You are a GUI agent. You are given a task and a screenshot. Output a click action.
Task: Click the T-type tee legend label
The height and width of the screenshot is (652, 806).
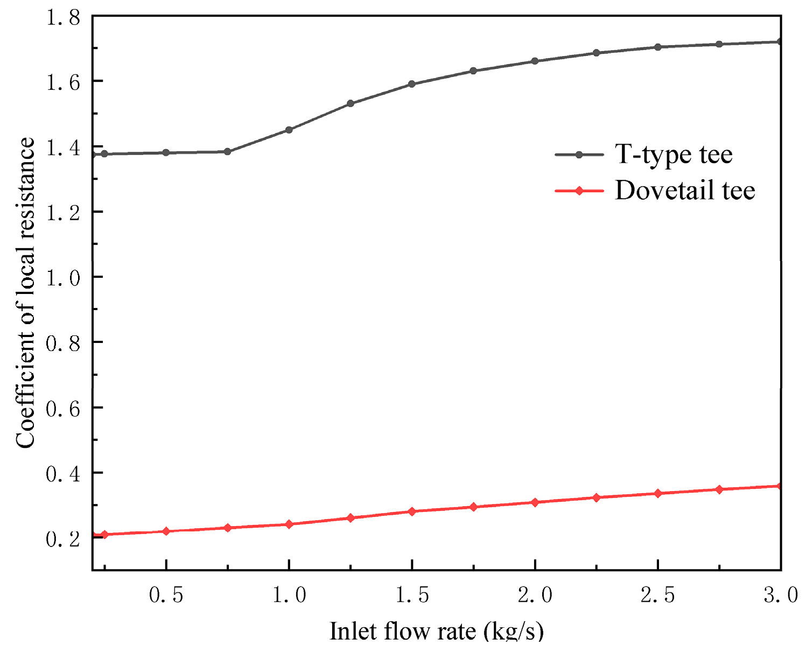(x=674, y=155)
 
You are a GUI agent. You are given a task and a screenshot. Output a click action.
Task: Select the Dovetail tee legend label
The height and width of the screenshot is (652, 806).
(x=685, y=190)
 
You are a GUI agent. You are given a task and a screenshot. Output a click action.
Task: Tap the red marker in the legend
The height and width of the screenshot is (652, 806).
(x=579, y=191)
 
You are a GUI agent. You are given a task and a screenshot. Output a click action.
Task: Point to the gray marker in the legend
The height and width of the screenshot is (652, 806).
(x=579, y=155)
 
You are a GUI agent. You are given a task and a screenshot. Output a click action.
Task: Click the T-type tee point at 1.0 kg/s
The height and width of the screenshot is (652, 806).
(x=289, y=130)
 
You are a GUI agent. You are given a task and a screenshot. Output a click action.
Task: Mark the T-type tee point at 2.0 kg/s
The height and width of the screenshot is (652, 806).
(x=535, y=61)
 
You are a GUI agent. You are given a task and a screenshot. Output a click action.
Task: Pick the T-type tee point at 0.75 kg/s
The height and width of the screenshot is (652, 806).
(x=227, y=152)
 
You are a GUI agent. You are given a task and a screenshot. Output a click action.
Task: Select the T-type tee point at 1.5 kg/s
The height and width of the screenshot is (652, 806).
(x=412, y=84)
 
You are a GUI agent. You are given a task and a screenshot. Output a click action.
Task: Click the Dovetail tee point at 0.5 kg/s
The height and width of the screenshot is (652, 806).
(x=166, y=531)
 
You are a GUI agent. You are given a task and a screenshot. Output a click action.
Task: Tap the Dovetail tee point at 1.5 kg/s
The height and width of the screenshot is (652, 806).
(x=412, y=511)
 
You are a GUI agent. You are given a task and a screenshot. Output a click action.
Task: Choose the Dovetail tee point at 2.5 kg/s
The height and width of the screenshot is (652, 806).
(x=657, y=494)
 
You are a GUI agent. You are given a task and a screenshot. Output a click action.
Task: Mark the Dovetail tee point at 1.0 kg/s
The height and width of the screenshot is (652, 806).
(x=289, y=524)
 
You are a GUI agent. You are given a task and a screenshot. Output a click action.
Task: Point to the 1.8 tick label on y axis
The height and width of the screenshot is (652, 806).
(x=62, y=18)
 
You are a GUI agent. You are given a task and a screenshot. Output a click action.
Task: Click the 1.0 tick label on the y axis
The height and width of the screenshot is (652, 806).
(x=62, y=278)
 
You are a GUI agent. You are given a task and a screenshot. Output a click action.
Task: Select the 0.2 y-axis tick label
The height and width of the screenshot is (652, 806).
(x=62, y=539)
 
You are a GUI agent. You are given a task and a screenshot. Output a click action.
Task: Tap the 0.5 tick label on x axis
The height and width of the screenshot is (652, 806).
(x=166, y=595)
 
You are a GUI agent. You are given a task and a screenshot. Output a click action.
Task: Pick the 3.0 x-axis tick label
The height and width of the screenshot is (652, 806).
(x=781, y=595)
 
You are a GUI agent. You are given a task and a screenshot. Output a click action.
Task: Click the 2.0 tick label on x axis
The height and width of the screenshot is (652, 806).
(x=535, y=595)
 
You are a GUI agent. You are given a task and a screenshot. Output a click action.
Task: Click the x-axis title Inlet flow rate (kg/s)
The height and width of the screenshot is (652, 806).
(x=437, y=632)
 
